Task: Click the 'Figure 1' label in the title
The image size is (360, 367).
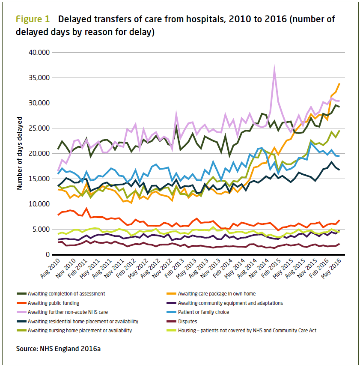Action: (33, 19)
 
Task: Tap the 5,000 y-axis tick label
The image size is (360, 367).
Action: (42, 229)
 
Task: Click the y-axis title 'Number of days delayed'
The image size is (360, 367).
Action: (20, 153)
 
